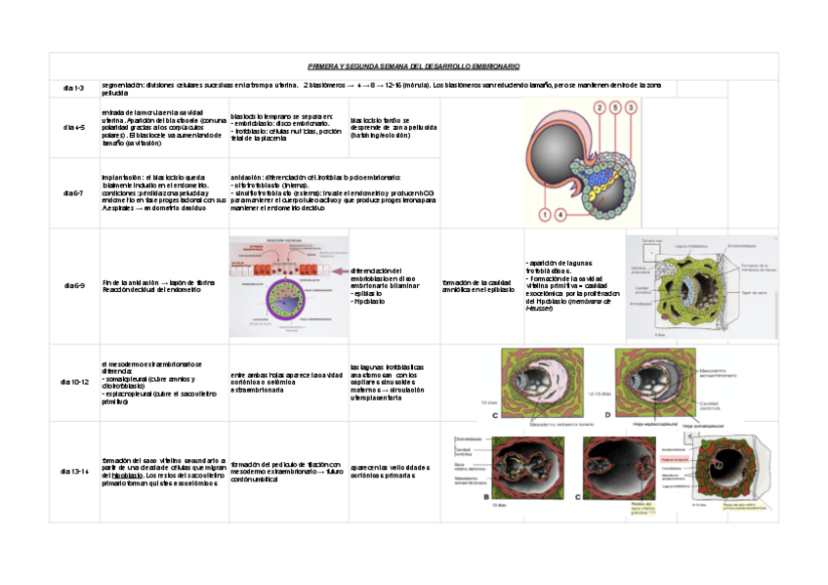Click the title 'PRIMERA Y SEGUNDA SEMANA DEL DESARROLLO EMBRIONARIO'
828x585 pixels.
coord(414,66)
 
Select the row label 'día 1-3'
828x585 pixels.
coord(74,88)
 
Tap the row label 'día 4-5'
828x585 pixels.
coord(74,127)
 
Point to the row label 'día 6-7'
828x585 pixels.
coord(74,193)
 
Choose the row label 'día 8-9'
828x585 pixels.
coord(74,285)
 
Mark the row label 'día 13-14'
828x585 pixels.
coord(74,472)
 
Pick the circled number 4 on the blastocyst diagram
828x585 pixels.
coord(561,215)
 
